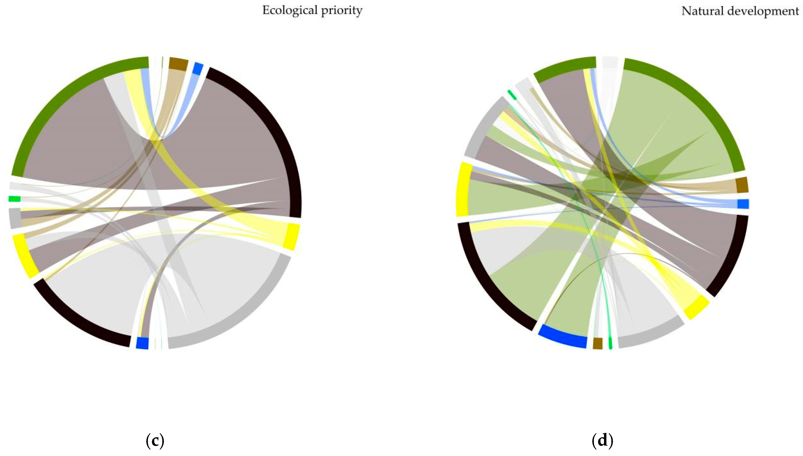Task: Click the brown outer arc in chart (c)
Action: [178, 64]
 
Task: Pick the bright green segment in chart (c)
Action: [14, 199]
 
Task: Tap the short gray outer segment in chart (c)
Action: [15, 218]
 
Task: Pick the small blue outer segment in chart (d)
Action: [743, 204]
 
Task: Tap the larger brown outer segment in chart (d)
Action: [742, 185]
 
